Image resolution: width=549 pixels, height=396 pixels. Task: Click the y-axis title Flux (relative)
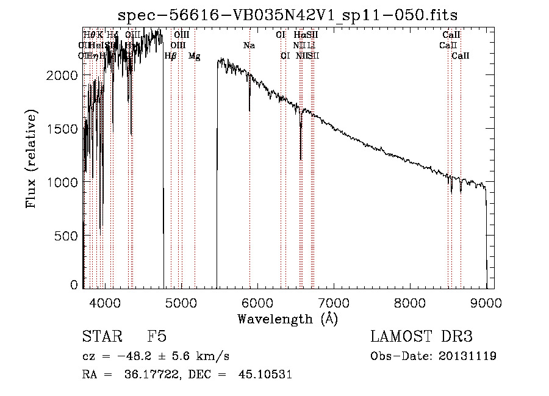point(30,158)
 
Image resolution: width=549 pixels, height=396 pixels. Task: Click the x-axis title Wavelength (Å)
point(288,319)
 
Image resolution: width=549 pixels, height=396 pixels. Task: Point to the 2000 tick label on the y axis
point(63,75)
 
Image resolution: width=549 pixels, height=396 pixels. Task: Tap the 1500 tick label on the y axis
point(63,129)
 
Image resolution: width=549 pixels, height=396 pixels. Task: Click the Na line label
point(249,46)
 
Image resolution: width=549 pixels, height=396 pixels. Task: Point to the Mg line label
point(194,56)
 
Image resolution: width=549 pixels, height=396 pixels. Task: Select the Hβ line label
point(171,56)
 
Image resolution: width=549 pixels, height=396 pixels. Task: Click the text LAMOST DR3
point(421,337)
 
